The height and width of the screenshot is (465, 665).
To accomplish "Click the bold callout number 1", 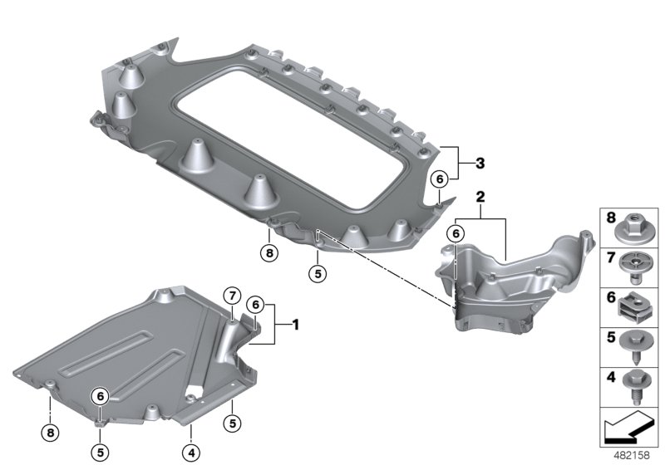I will [x=293, y=325].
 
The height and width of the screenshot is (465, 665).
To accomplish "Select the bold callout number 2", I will [x=480, y=198].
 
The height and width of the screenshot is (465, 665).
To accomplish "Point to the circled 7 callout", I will [x=232, y=295].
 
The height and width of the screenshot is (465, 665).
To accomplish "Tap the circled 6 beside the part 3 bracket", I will [x=440, y=177].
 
